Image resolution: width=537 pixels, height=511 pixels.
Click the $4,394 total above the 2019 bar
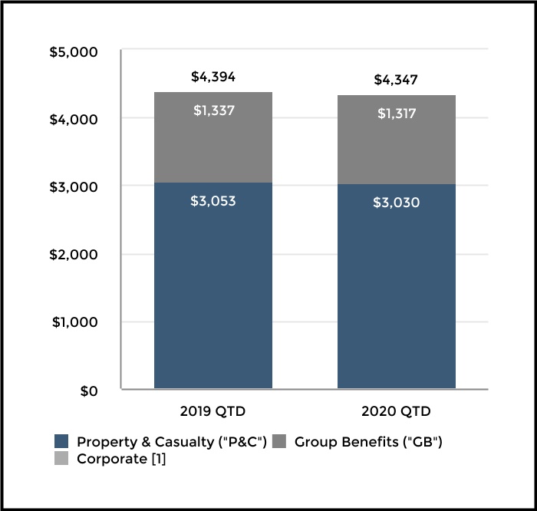[x=212, y=77]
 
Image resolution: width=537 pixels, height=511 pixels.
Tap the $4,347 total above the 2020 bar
[x=396, y=80]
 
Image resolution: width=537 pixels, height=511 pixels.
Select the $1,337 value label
[x=212, y=110]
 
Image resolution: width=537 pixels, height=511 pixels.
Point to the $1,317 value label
[x=396, y=114]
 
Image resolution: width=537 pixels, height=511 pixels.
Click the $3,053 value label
[x=212, y=202]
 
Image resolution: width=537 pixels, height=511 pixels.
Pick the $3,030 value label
[x=396, y=203]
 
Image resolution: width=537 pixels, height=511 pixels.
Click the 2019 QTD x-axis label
[x=212, y=411]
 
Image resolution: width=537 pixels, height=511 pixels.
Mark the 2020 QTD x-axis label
[x=396, y=411]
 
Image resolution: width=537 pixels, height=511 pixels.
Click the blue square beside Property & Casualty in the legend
[x=61, y=442]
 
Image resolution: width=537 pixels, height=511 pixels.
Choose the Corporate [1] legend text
[x=120, y=460]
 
